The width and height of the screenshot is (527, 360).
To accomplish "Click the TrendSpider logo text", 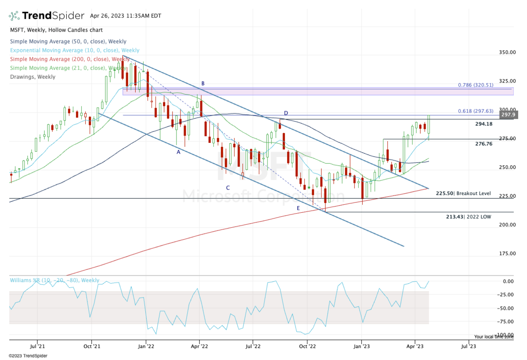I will point(53,16).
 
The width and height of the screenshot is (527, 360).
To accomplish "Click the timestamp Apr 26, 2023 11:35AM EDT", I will point(126,16).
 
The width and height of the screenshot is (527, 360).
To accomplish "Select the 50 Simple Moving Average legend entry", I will point(68,41).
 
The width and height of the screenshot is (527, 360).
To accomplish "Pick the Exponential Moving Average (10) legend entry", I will point(74,50).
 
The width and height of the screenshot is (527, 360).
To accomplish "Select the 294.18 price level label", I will point(484,124).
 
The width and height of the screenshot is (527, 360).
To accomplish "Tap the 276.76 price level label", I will point(484,144).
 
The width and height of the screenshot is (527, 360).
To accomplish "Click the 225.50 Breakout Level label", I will point(463,193).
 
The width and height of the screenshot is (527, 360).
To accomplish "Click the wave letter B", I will point(203,83).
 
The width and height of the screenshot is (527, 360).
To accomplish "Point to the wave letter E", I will point(298,208).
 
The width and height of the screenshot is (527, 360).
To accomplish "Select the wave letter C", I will point(228,188).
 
